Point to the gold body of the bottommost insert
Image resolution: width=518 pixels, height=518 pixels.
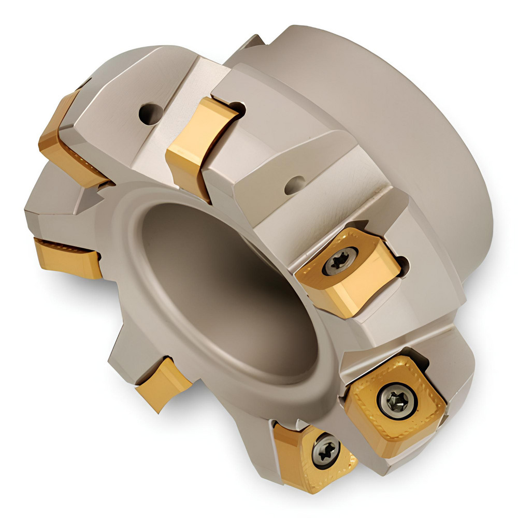[x=300, y=456]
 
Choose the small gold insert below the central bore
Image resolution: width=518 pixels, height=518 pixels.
[x=163, y=383]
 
